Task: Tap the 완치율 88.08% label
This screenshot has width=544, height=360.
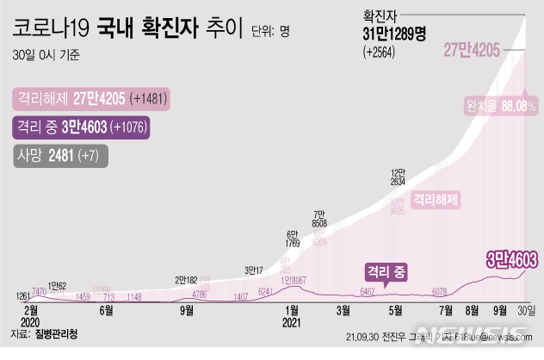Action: coord(498,104)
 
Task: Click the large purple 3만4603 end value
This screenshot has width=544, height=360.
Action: coord(512,258)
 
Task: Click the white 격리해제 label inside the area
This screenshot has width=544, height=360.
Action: coord(435,200)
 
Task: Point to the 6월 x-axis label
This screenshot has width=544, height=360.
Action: coord(108,312)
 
